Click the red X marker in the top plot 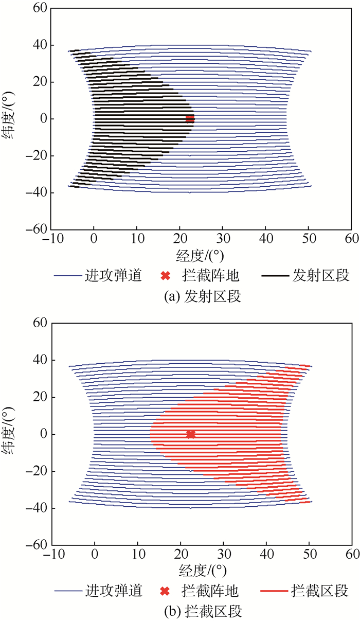click(190, 119)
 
